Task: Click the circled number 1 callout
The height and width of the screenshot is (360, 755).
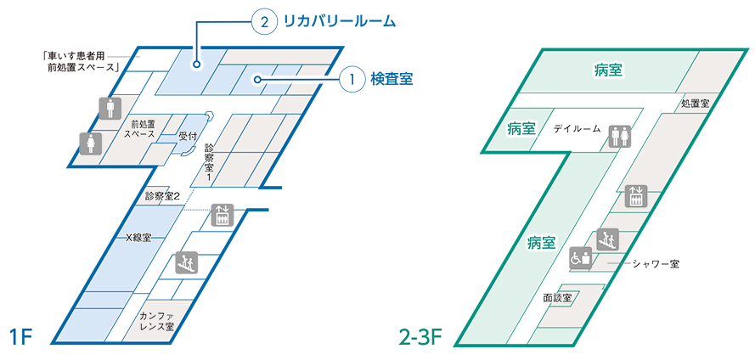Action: click(352, 79)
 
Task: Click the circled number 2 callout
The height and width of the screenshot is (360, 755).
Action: click(262, 23)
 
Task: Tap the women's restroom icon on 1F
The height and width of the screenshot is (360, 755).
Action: click(90, 143)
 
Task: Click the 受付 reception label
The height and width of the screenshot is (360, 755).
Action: click(189, 136)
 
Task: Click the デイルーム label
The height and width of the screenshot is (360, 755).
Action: click(577, 129)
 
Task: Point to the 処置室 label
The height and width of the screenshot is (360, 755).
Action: click(695, 103)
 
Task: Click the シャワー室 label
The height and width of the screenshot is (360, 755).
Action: click(656, 264)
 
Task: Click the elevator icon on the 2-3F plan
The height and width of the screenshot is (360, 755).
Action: click(634, 195)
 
